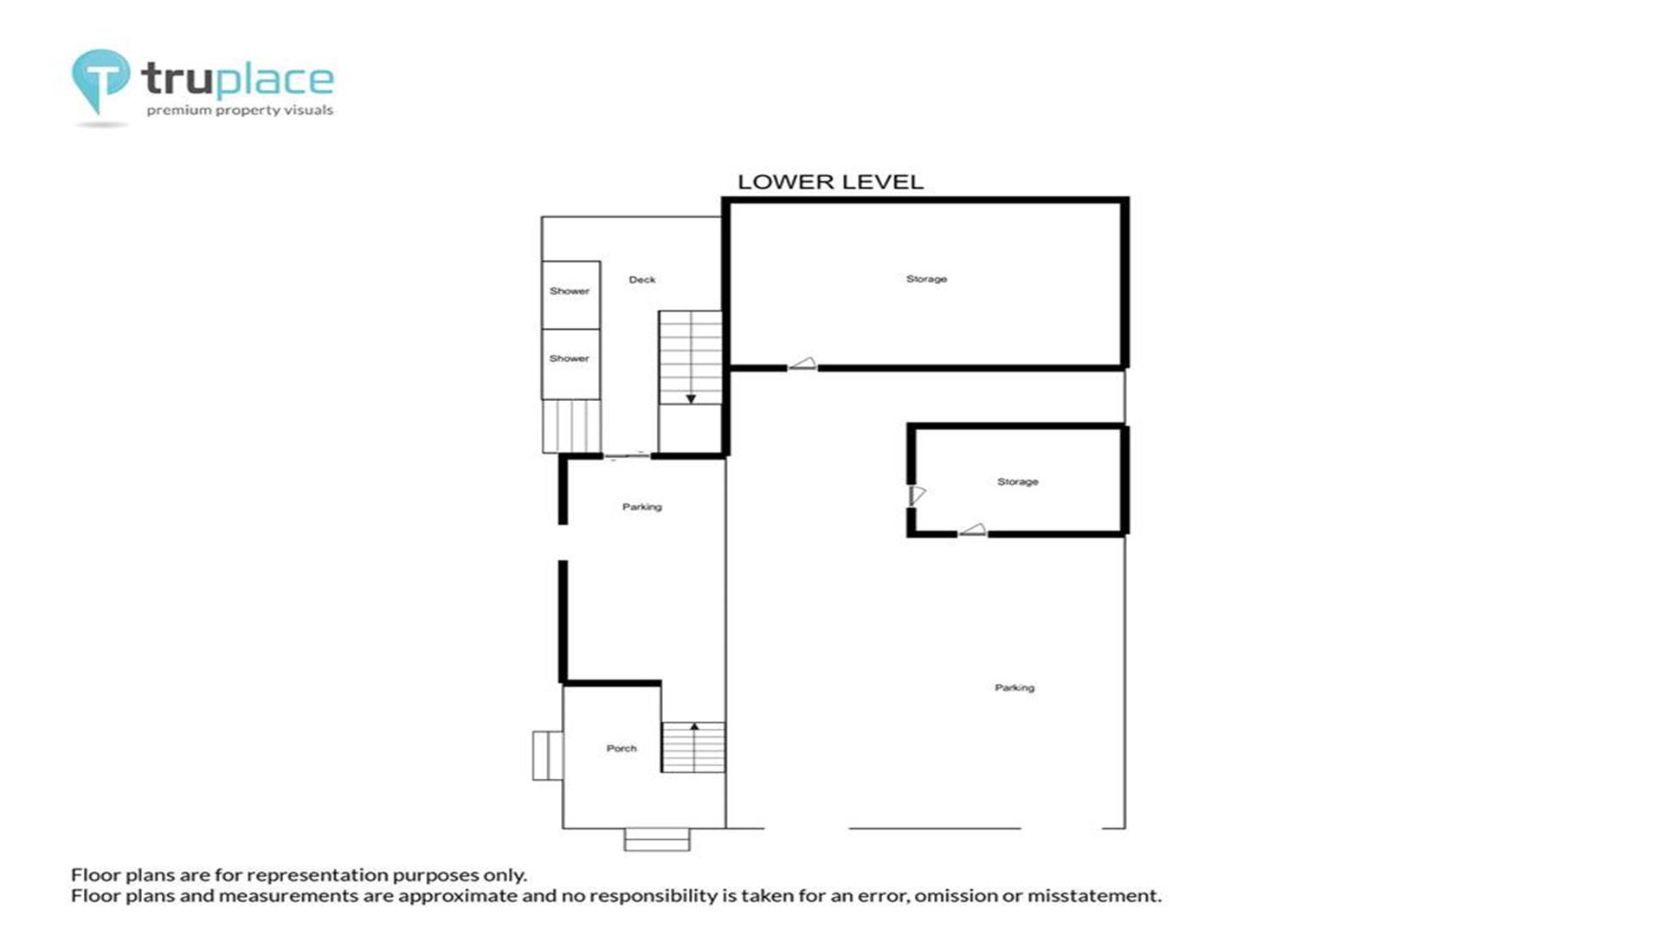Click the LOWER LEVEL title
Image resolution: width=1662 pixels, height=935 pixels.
tap(830, 182)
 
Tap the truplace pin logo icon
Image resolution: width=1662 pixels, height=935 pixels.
tap(100, 81)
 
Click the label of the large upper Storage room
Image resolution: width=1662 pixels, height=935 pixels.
tap(926, 279)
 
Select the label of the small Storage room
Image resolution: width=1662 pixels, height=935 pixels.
tap(1017, 481)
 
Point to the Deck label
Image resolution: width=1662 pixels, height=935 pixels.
tap(642, 280)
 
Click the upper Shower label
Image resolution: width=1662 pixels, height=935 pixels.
tap(570, 291)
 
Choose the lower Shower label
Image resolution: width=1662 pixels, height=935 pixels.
tap(569, 358)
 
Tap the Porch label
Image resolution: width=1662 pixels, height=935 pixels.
tap(622, 748)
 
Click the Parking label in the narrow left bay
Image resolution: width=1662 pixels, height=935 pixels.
tap(641, 506)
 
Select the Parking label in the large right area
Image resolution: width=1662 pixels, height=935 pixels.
tap(1015, 687)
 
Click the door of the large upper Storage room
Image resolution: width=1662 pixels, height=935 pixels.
tap(802, 364)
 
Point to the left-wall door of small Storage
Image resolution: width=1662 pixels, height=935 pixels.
tap(917, 495)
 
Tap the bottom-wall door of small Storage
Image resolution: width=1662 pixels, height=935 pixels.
tap(972, 530)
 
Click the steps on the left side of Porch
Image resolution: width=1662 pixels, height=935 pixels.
tap(547, 755)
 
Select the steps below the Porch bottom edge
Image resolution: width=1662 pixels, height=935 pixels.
tap(657, 839)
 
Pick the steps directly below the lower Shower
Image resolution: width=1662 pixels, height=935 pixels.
tap(571, 426)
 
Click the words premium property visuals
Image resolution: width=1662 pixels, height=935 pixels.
tap(240, 110)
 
